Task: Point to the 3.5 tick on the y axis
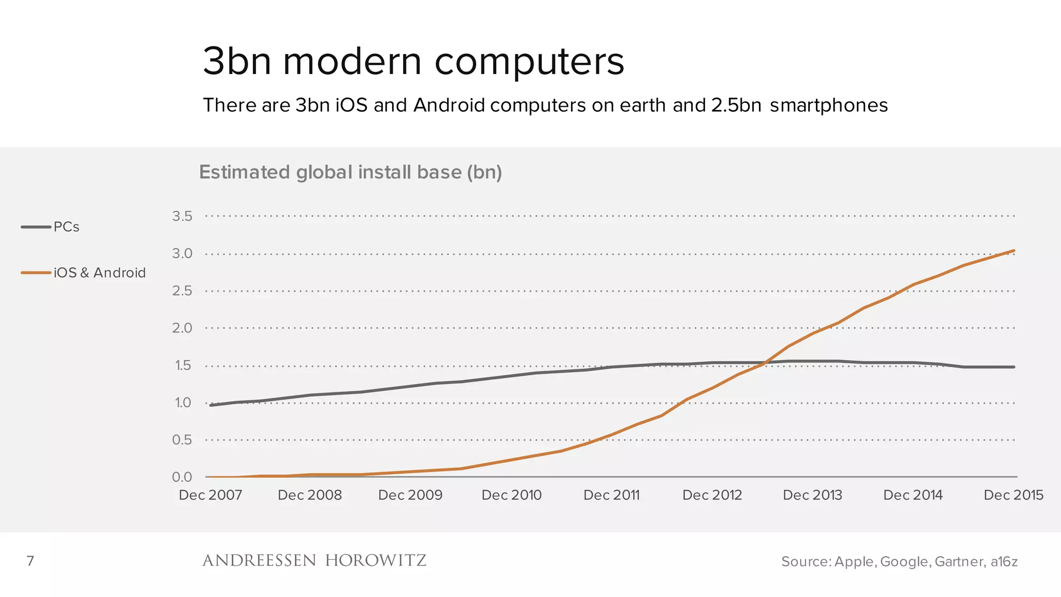pos(182,216)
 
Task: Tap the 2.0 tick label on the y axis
pos(182,328)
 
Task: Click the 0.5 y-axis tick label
pos(182,440)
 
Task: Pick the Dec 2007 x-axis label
pos(210,495)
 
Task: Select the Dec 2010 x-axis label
pos(511,495)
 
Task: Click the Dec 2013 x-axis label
pos(812,495)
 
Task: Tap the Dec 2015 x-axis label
pos(1013,495)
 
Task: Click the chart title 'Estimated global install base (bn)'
pos(350,172)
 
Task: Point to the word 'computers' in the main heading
pos(529,61)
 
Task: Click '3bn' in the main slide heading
pos(237,61)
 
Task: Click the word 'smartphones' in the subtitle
pos(829,105)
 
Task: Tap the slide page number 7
pos(31,561)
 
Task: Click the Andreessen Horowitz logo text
pos(314,561)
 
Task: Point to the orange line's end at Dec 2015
pos(1013,251)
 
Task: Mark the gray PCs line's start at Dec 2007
pos(211,405)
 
